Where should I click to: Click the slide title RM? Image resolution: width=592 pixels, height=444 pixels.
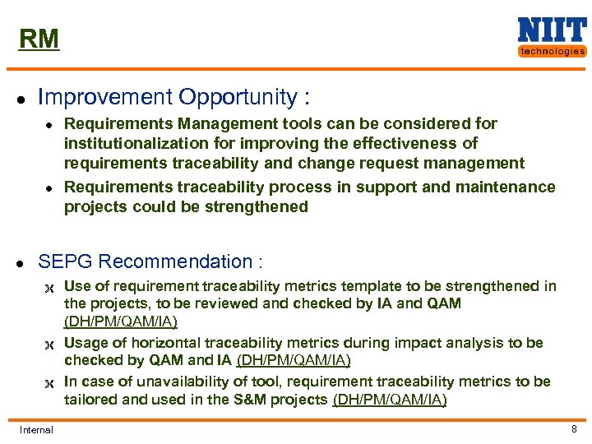(39, 39)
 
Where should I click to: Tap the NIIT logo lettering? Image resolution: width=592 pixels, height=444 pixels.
(551, 30)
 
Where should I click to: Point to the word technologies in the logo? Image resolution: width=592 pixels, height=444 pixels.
(552, 51)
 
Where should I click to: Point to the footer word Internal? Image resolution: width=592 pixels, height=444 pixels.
(36, 429)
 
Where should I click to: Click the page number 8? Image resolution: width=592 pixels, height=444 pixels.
(574, 428)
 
